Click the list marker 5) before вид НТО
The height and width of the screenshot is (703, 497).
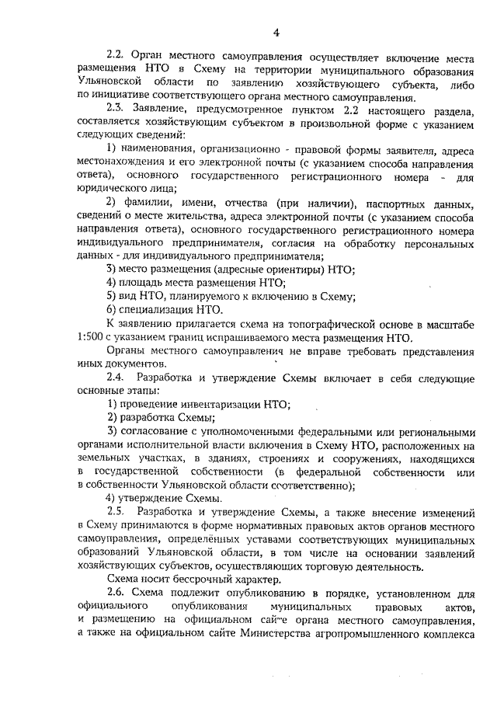click(x=112, y=296)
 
